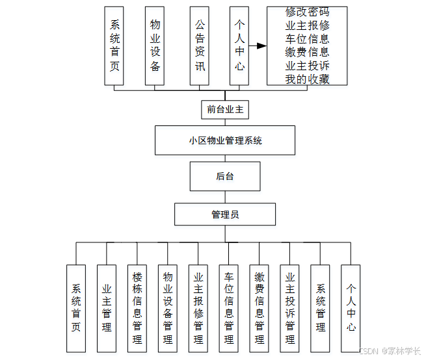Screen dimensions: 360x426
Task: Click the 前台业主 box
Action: (x=225, y=109)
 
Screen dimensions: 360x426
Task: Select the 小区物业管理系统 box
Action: (x=225, y=140)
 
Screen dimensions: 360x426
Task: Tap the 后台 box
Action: (x=225, y=176)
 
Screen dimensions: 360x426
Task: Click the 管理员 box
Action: (x=225, y=214)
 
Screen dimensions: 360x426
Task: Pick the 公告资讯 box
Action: (x=200, y=45)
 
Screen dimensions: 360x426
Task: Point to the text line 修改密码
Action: (x=307, y=12)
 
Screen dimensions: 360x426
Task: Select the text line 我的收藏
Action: (x=307, y=79)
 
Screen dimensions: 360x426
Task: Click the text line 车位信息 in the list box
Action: (x=307, y=39)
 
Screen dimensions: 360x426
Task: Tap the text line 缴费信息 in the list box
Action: (x=307, y=52)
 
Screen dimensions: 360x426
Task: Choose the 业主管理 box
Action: (x=107, y=307)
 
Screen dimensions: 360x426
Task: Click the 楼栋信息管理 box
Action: (x=137, y=307)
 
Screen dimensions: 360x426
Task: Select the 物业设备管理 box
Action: (x=168, y=307)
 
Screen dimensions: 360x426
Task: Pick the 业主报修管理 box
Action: (x=198, y=307)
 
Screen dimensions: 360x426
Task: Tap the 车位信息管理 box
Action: (x=229, y=307)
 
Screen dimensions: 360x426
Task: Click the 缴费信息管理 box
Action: (x=260, y=307)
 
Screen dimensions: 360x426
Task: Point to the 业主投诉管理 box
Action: (x=290, y=307)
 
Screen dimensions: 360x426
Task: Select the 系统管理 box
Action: (x=321, y=307)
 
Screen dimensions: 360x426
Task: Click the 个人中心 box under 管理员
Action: (x=351, y=307)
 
